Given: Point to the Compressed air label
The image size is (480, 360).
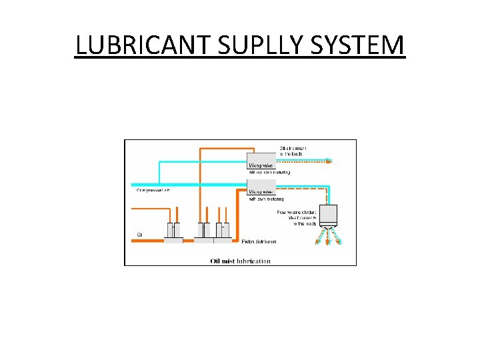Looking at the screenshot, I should [x=153, y=191].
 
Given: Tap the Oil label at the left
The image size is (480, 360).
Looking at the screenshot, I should [x=139, y=235].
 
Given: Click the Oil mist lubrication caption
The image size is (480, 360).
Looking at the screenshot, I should [x=240, y=261].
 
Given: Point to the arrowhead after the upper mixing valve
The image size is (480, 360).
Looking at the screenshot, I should [x=329, y=161].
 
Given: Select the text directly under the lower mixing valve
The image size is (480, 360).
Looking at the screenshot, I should [x=267, y=199].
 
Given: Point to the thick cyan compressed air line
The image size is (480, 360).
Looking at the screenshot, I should [x=187, y=185].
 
